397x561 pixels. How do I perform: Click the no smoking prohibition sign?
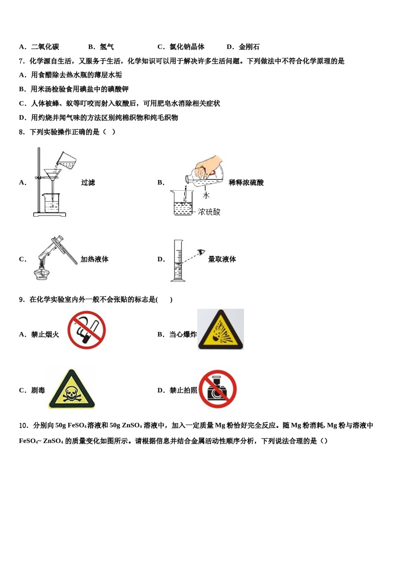coord(87,330)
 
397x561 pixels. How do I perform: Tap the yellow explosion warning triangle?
coord(220,330)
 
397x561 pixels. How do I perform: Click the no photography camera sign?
coord(217,389)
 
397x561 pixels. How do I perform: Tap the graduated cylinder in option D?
coord(178,261)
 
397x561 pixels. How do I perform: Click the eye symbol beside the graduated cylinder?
coord(202,252)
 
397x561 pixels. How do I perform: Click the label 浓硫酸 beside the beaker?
coord(209,212)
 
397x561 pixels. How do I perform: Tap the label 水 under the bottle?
coord(206,195)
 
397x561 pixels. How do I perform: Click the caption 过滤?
coord(88,182)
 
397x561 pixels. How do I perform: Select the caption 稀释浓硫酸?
coord(246,182)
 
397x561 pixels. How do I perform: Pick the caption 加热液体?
coord(94,259)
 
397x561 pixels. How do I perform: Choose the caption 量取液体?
coord(222,259)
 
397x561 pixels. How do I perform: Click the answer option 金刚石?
coord(249,47)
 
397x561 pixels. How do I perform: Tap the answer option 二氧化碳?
coord(45,47)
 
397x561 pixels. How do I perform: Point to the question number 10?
coord(23,425)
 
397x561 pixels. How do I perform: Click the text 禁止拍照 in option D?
coord(183,390)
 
